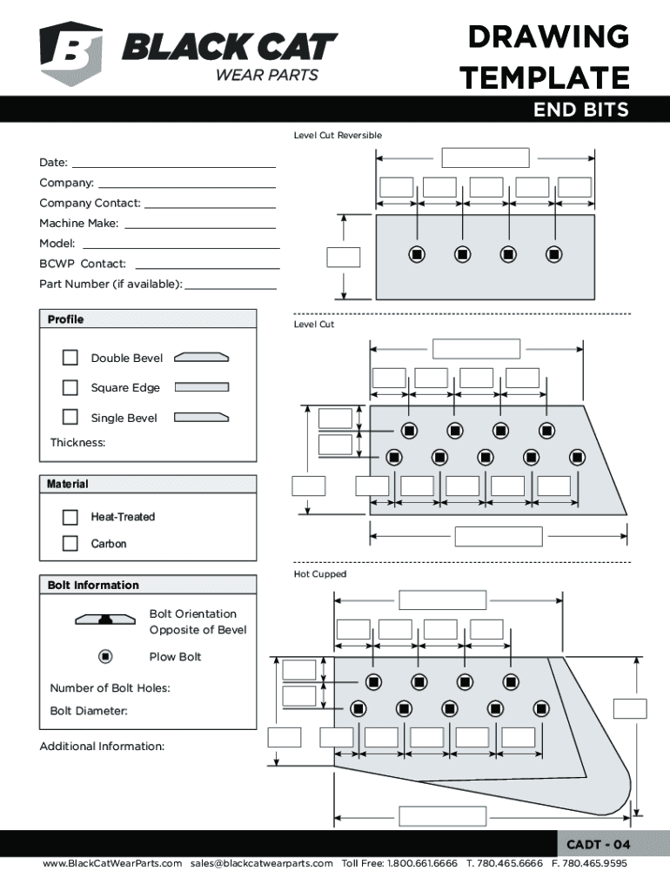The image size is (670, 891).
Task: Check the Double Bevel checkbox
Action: pyautogui.click(x=70, y=358)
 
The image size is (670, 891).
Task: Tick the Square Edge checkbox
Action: pyautogui.click(x=70, y=387)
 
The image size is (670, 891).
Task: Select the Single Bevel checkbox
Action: pyautogui.click(x=70, y=417)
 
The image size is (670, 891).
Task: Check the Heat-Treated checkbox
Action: pyautogui.click(x=70, y=517)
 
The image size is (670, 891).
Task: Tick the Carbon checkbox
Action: pyautogui.click(x=70, y=543)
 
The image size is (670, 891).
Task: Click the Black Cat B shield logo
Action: pyautogui.click(x=71, y=53)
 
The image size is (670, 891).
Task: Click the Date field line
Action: pyautogui.click(x=174, y=167)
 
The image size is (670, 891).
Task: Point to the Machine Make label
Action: pyautogui.click(x=79, y=224)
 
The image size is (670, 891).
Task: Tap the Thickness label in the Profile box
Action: pyautogui.click(x=77, y=443)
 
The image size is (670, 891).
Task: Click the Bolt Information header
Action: pyautogui.click(x=93, y=586)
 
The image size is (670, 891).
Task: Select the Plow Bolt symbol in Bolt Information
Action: pyautogui.click(x=105, y=656)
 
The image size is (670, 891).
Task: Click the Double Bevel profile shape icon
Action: pyautogui.click(x=201, y=358)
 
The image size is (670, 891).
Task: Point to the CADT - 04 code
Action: pyautogui.click(x=599, y=844)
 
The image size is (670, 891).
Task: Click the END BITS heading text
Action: pyautogui.click(x=580, y=109)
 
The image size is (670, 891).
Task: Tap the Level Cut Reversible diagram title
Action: pyautogui.click(x=338, y=135)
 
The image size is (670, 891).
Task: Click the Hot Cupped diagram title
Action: pyautogui.click(x=320, y=574)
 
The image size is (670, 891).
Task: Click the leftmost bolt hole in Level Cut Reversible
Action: pyautogui.click(x=417, y=254)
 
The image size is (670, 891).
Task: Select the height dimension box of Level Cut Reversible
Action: pyautogui.click(x=343, y=258)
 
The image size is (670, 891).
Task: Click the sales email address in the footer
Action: pyautogui.click(x=261, y=863)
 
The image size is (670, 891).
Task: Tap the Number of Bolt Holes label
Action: pyautogui.click(x=111, y=688)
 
